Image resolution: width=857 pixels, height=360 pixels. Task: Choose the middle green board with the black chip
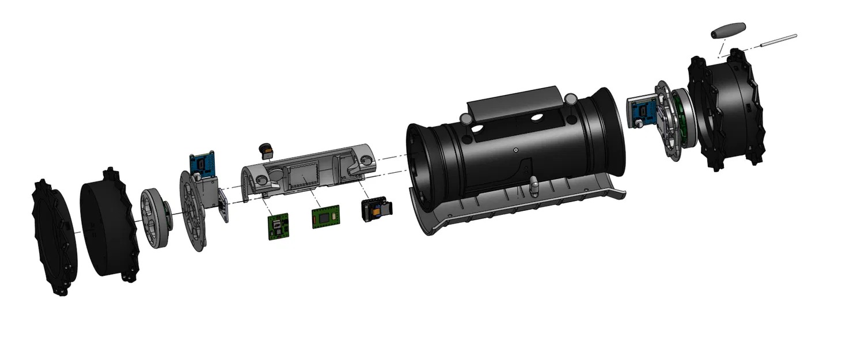(x=326, y=217)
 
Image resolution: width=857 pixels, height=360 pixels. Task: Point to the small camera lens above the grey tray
(x=266, y=150)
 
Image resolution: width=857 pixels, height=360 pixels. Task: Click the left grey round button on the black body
(x=464, y=119)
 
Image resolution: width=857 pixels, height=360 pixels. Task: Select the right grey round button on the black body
(x=571, y=99)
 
